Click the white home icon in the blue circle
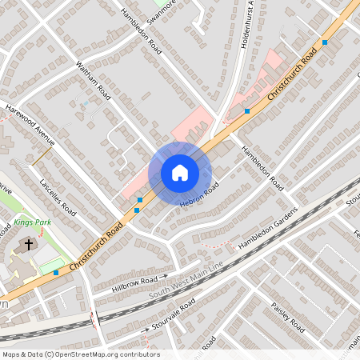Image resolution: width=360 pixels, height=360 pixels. tap(179, 173)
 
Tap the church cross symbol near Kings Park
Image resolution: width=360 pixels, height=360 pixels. tap(30, 244)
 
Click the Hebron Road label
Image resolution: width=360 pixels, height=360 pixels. tap(199, 196)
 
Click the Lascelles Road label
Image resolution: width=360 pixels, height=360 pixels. tap(57, 198)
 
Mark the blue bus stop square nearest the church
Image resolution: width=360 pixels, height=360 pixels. tap(56, 273)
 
